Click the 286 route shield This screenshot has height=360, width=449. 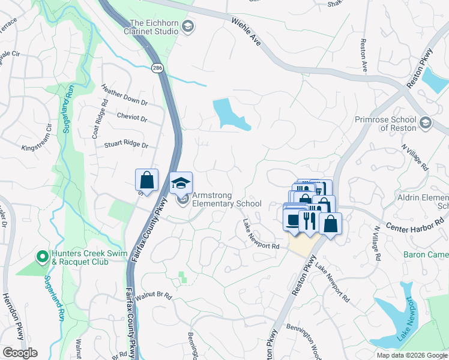click(157, 68)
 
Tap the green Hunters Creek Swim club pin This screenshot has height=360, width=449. click(42, 257)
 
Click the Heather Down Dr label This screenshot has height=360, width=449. click(125, 96)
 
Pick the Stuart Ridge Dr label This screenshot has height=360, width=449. click(126, 144)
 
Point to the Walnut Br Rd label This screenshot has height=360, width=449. click(154, 296)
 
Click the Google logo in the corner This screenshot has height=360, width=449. click(20, 352)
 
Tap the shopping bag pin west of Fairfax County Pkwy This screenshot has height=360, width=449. click(146, 180)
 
